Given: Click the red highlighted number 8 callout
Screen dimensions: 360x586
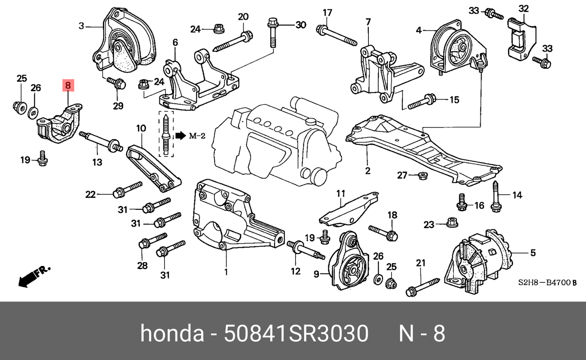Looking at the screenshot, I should pos(68,85).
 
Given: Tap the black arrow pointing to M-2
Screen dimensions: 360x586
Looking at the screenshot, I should pos(181,136).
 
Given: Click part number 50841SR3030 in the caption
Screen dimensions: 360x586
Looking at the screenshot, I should pos(296,334).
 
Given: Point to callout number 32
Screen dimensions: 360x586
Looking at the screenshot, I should pos(523,9).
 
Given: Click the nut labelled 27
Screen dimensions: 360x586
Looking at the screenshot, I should pos(421,176).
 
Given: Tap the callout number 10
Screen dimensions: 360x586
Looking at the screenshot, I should pos(141,128).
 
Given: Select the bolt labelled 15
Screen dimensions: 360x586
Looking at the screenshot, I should pos(421,101).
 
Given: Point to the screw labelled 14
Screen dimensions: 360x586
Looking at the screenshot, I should pos(496,197).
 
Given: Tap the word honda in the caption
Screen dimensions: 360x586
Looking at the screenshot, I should pos(172,334).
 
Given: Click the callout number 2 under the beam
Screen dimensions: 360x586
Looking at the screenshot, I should pos(368,170).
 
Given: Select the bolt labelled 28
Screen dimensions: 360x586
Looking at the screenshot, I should pos(152,240).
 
